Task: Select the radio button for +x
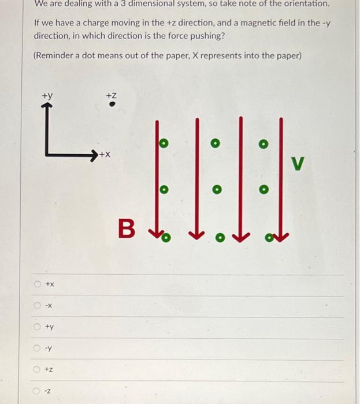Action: (38, 284)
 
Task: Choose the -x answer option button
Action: (38, 305)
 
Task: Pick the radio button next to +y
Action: (38, 327)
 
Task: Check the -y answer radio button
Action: (38, 348)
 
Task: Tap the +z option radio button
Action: (38, 369)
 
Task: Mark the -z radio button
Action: (38, 391)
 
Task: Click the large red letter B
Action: (127, 229)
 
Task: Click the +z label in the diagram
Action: (112, 95)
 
